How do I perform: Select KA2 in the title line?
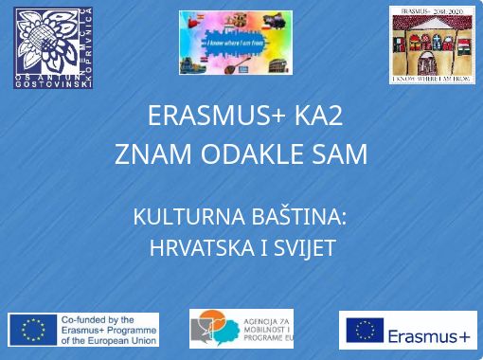tap(317, 117)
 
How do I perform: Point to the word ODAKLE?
tap(247, 153)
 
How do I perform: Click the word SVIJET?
tap(303, 249)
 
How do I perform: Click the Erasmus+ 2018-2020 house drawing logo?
tap(431, 45)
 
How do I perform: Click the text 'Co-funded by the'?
tap(98, 319)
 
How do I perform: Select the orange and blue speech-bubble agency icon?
tap(211, 329)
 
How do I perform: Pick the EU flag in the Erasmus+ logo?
tap(365, 330)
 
